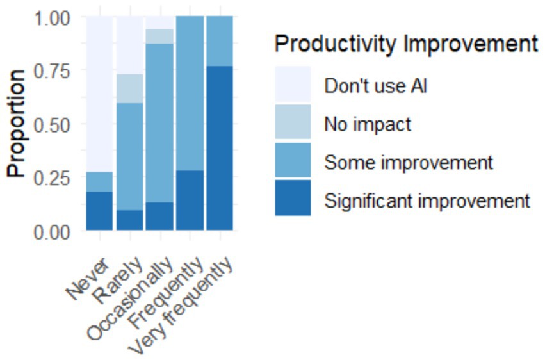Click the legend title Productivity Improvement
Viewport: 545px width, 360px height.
pyautogui.click(x=406, y=44)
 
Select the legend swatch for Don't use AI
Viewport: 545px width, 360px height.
pyautogui.click(x=293, y=85)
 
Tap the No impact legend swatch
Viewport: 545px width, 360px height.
pyautogui.click(x=293, y=122)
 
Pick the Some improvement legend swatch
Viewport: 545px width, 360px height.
pyautogui.click(x=293, y=160)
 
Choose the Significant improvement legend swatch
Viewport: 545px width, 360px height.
pyautogui.click(x=293, y=198)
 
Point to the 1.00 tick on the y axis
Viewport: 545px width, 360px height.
pyautogui.click(x=52, y=18)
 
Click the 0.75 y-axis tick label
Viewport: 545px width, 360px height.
pyautogui.click(x=52, y=72)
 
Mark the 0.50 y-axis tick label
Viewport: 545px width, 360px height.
pyautogui.click(x=52, y=125)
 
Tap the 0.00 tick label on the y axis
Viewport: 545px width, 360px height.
pyautogui.click(x=52, y=232)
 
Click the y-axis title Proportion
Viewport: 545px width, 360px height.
pyautogui.click(x=16, y=124)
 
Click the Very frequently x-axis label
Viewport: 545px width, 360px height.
pyautogui.click(x=180, y=306)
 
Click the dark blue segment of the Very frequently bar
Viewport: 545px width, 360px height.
pyautogui.click(x=220, y=148)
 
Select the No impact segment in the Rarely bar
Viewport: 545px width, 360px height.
pyautogui.click(x=129, y=88)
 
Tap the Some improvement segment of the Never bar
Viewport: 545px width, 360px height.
pyautogui.click(x=99, y=182)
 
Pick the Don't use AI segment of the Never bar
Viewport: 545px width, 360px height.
pyautogui.click(x=99, y=94)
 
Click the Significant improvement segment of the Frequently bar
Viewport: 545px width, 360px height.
pyautogui.click(x=190, y=200)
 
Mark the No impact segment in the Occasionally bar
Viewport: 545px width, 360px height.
pyautogui.click(x=159, y=37)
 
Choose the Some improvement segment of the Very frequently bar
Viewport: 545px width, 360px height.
pyautogui.click(x=220, y=41)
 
